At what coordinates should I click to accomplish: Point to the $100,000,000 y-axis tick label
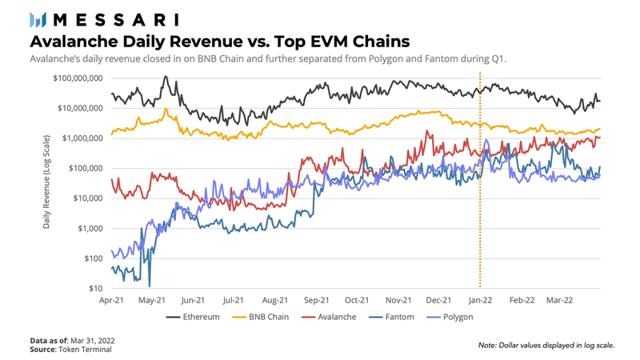pyautogui.click(x=78, y=78)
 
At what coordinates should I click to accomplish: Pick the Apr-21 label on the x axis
pyautogui.click(x=110, y=301)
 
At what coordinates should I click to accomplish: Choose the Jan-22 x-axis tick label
pyautogui.click(x=480, y=301)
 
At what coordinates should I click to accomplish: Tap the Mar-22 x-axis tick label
pyautogui.click(x=559, y=301)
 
